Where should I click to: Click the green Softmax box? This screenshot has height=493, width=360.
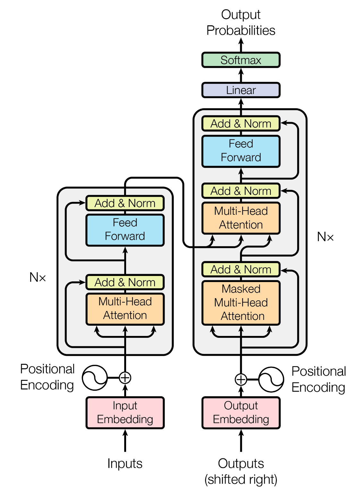tap(241, 60)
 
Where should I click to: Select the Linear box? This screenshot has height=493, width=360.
tap(241, 90)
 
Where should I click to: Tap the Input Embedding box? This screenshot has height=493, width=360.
tap(125, 413)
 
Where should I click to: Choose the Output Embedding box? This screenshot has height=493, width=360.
tap(241, 413)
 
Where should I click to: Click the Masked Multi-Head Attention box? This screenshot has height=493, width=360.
tap(241, 303)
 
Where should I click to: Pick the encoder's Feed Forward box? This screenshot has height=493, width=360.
tap(125, 230)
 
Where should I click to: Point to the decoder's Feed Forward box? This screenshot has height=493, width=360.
tap(241, 151)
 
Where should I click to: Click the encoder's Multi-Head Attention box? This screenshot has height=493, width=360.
tap(125, 309)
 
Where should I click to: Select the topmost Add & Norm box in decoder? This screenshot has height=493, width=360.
tap(241, 124)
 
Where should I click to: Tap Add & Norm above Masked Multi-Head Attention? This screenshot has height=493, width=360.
tap(241, 269)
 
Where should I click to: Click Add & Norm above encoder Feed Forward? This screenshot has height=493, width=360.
tap(125, 203)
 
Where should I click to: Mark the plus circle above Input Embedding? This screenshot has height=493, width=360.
tap(125, 378)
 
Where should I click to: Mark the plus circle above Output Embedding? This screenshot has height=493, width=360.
tap(241, 380)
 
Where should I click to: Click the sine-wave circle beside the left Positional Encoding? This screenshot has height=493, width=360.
tap(95, 378)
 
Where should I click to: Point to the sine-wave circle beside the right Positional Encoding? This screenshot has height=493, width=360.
tap(271, 380)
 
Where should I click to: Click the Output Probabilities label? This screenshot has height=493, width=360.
tap(241, 22)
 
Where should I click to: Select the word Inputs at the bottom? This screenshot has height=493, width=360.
tap(125, 464)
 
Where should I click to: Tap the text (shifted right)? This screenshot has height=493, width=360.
tap(241, 480)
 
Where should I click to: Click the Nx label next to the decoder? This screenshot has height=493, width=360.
tap(325, 237)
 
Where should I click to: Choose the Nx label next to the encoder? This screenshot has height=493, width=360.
tap(38, 277)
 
